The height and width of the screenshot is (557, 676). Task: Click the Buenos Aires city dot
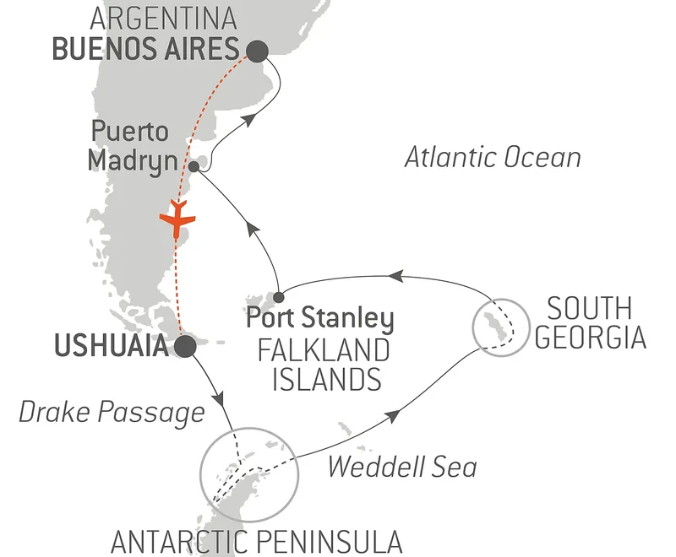click(256, 51)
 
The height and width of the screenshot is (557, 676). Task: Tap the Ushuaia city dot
click(185, 346)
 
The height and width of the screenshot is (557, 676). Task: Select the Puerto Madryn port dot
click(194, 167)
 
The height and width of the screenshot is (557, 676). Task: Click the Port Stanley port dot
click(279, 296)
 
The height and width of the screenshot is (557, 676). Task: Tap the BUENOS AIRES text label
click(144, 51)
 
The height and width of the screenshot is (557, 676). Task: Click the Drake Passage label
click(111, 412)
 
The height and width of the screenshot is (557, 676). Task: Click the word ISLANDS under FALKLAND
click(326, 379)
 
